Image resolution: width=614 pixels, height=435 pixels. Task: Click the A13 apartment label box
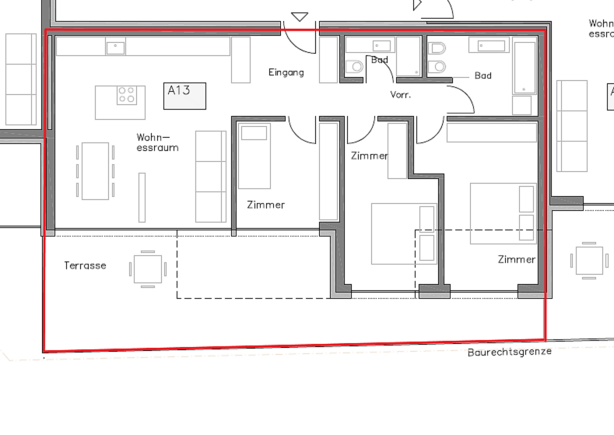pos(184,96)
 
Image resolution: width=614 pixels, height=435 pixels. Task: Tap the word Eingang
pos(286,72)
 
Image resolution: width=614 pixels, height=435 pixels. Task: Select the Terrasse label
pos(85,265)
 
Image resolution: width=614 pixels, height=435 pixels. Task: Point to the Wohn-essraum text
pos(157,142)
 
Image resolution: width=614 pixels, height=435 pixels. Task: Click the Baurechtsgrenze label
pos(510,352)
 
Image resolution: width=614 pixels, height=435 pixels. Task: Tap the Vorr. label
pos(401,95)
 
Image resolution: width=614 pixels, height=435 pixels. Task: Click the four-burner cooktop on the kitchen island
pos(127,95)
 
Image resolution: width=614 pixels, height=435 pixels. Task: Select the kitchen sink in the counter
pos(115,47)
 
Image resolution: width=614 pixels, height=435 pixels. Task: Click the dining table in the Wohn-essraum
pos(95,171)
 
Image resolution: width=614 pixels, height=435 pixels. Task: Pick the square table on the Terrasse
pos(148,269)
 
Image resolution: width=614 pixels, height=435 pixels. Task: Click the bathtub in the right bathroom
pos(525,68)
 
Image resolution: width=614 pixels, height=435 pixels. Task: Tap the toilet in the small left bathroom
pos(354,67)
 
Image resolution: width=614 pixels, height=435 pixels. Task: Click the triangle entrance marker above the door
pos(300,17)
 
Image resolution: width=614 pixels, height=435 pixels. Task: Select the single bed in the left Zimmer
pos(254,156)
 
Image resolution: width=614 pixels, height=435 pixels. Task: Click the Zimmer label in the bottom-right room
pos(517,259)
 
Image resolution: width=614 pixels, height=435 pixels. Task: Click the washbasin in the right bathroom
pos(489,45)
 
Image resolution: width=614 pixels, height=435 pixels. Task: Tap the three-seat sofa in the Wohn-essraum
pos(211,177)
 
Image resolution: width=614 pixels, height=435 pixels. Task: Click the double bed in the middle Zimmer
pos(404,233)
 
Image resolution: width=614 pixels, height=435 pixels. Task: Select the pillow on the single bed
pos(254,133)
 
